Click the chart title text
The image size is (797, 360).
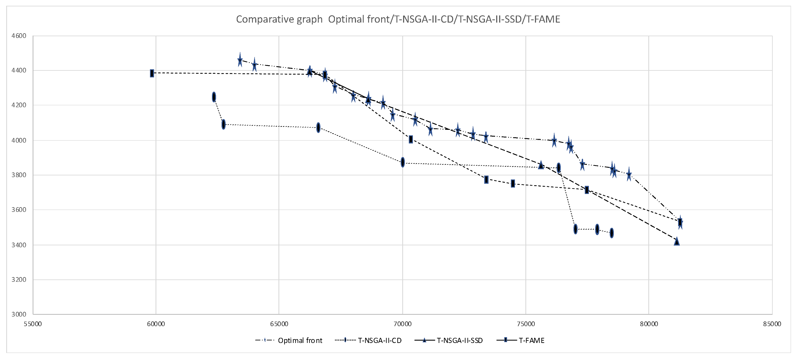click(398, 19)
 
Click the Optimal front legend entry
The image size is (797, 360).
click(300, 341)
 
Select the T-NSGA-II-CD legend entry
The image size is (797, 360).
click(379, 341)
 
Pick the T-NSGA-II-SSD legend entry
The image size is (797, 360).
click(460, 341)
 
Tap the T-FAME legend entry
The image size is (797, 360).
click(531, 341)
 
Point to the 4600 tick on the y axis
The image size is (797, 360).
click(19, 36)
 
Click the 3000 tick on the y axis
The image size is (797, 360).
click(19, 314)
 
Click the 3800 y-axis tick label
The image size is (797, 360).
click(19, 175)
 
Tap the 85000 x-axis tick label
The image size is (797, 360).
click(772, 324)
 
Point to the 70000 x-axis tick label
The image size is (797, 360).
click(402, 324)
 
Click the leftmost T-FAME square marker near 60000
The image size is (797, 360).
click(152, 73)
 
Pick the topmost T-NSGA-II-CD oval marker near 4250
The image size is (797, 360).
click(214, 97)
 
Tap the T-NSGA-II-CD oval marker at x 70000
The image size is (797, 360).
click(402, 162)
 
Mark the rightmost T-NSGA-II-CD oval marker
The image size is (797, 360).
click(612, 233)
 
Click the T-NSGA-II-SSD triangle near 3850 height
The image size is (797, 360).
click(541, 165)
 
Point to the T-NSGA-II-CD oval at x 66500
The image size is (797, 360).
click(318, 127)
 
